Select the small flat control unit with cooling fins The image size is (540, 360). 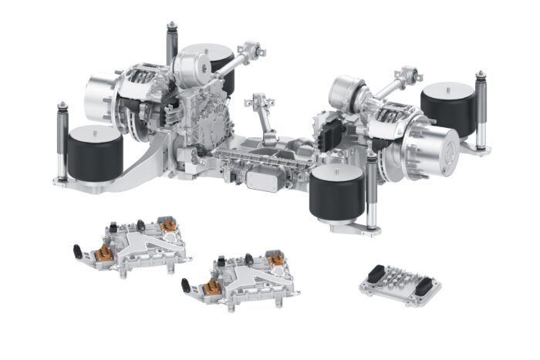(x=400, y=284)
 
